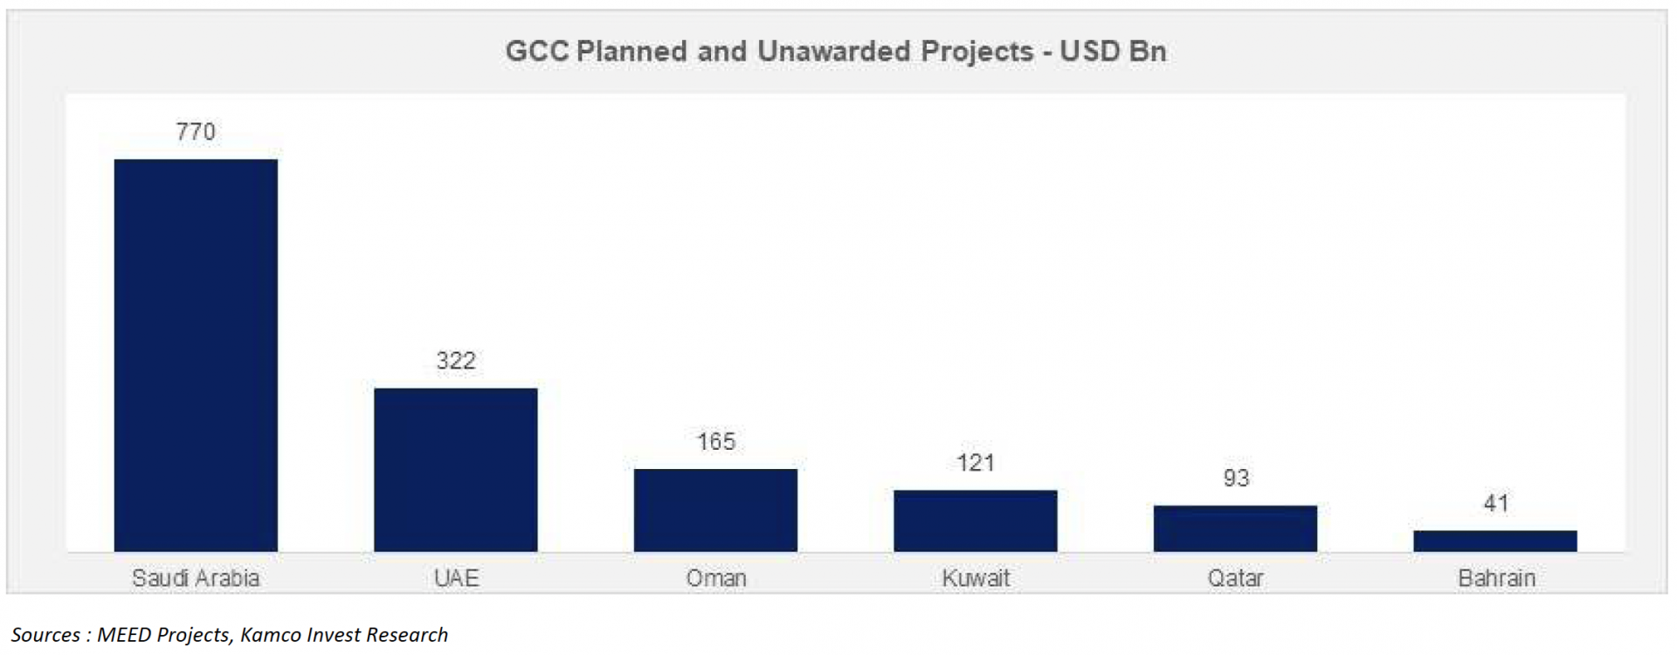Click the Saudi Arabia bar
click(196, 355)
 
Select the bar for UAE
click(455, 469)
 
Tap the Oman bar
click(715, 510)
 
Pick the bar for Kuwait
click(975, 521)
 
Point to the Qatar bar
click(1235, 528)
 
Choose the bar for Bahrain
click(1494, 541)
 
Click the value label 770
click(196, 132)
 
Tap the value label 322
click(455, 361)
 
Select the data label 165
click(715, 442)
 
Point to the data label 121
click(975, 463)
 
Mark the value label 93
click(1235, 478)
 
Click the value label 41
click(1495, 503)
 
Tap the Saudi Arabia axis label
click(196, 578)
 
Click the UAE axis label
click(456, 578)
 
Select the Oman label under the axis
click(715, 578)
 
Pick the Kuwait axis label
click(975, 578)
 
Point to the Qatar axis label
click(1235, 578)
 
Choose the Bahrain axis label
click(1495, 578)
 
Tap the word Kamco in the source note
click(271, 635)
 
